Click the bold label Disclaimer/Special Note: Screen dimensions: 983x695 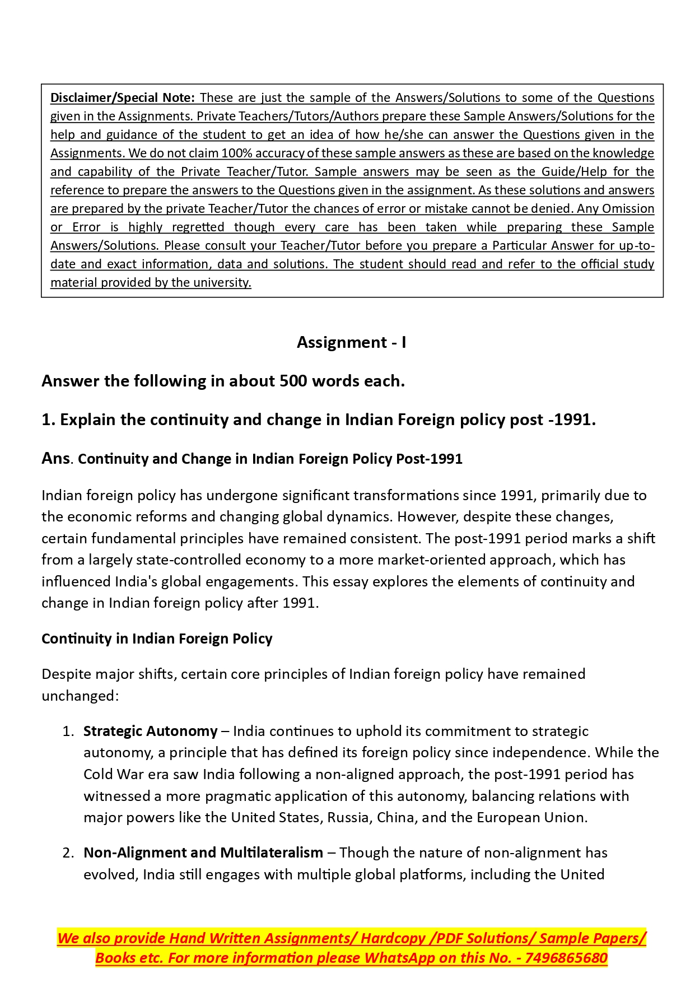click(x=122, y=98)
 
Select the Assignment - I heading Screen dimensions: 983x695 click(x=351, y=342)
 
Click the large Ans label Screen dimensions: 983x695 click(x=55, y=458)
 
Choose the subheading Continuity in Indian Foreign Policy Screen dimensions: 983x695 click(x=157, y=639)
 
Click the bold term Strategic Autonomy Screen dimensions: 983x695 click(x=150, y=732)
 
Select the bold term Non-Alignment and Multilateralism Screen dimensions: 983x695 click(x=203, y=853)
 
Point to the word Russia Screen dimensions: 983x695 click(x=348, y=818)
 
